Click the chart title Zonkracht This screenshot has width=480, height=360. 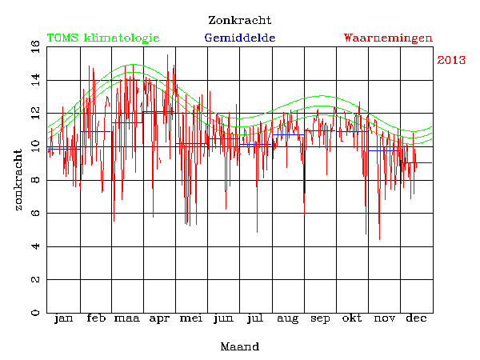tap(239, 20)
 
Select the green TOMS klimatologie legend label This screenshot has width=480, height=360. tap(103, 38)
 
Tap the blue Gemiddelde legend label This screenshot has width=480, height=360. tap(240, 38)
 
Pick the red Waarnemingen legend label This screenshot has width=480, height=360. tap(388, 38)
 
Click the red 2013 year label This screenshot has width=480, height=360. tap(452, 60)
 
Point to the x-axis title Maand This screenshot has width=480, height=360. tap(239, 347)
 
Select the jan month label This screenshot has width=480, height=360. tap(63, 319)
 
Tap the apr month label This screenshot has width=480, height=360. tap(160, 319)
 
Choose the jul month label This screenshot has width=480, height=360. tap(256, 319)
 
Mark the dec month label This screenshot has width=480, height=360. tap(416, 319)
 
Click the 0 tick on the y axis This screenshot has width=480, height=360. tap(35, 313)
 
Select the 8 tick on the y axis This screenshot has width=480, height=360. tap(35, 180)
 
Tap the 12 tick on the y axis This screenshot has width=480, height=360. tap(35, 113)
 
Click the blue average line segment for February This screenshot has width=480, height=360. tap(96, 131)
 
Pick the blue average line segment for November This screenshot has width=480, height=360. tap(384, 150)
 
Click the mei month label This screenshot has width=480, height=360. tap(192, 319)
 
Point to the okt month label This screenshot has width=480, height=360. tap(352, 319)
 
